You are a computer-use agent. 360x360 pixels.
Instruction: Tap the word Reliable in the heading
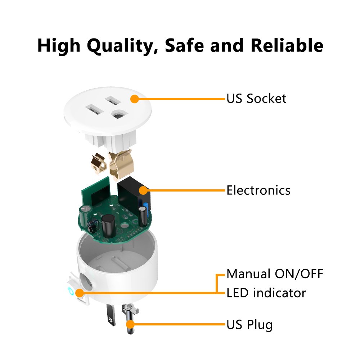287,45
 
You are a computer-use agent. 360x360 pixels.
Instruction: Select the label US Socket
256,99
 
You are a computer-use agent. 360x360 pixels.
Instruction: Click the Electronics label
258,190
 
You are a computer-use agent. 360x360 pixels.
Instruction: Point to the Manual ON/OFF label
275,274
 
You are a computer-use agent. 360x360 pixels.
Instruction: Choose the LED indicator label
266,293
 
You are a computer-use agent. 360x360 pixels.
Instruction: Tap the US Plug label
249,325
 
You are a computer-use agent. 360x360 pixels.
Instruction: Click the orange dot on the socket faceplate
135,99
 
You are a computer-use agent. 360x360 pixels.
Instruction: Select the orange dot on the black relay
143,190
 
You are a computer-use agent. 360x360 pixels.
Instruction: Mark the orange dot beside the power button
80,293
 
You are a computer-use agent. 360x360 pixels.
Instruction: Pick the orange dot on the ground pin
130,324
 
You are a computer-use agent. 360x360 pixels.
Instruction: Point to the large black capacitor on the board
108,226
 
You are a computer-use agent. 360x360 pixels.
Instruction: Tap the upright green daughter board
96,192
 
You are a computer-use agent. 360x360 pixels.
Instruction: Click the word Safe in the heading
184,45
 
